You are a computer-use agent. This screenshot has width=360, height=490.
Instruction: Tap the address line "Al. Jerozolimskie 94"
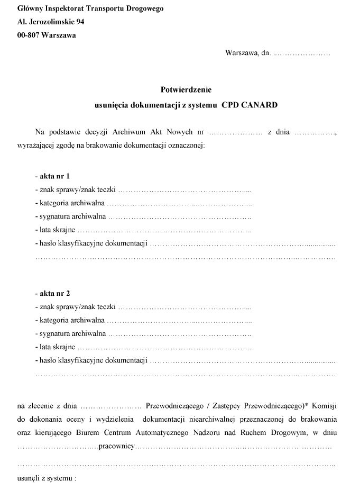(x=51, y=22)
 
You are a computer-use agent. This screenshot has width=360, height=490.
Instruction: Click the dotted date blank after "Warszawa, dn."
(x=301, y=53)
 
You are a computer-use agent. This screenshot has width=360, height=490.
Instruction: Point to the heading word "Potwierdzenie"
(x=186, y=90)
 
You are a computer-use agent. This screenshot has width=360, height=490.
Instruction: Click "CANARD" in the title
(x=259, y=105)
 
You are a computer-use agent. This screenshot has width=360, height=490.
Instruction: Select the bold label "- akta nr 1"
(x=52, y=176)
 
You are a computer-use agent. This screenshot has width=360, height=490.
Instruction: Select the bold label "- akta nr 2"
(x=52, y=293)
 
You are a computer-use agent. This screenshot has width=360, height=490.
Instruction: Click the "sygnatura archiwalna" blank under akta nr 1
(x=179, y=217)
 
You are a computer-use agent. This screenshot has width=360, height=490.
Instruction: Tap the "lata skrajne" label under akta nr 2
(x=56, y=348)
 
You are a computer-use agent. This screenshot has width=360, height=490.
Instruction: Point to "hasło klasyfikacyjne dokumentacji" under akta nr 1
(x=90, y=244)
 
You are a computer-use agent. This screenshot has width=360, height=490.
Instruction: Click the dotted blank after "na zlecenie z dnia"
(x=110, y=406)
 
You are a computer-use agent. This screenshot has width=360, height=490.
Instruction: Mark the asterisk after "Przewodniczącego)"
(x=307, y=406)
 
